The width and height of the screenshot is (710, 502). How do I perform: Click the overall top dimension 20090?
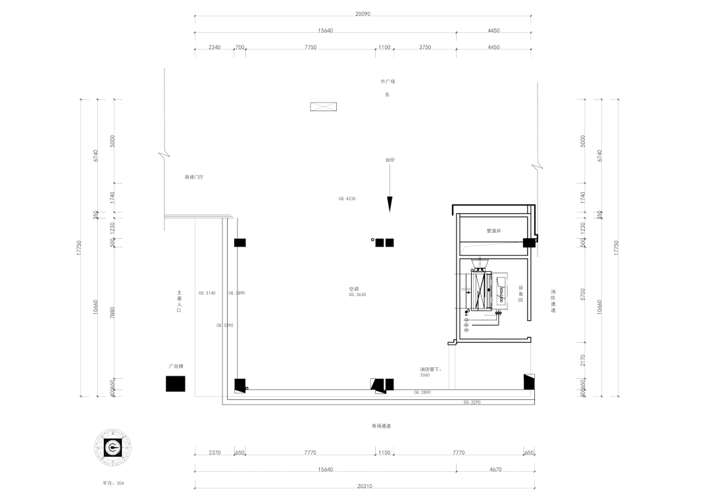tap(363, 14)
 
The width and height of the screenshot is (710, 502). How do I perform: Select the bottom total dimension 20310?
tap(364, 486)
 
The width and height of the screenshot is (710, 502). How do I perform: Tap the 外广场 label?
tap(388, 82)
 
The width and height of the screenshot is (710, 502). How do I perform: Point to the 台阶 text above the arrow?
tap(390, 160)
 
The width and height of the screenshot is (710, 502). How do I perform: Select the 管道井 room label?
tap(494, 231)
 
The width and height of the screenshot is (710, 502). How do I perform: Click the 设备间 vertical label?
tap(520, 294)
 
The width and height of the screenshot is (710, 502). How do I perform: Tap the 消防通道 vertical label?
tap(553, 301)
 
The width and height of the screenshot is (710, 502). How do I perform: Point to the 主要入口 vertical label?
tap(178, 301)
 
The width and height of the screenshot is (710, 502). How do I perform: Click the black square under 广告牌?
tap(176, 384)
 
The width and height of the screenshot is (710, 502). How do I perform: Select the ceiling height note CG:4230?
tap(347, 198)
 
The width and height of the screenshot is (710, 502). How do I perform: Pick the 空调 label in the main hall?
tap(353, 289)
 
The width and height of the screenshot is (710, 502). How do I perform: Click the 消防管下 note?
tap(431, 369)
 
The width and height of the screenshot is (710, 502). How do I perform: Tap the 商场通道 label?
tap(381, 426)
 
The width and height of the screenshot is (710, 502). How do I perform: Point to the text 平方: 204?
tap(113, 483)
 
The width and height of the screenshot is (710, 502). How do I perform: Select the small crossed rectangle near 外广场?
tap(323, 107)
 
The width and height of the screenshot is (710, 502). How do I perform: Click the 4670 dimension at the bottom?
tap(496, 469)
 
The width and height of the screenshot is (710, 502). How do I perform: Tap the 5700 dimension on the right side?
tap(583, 295)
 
